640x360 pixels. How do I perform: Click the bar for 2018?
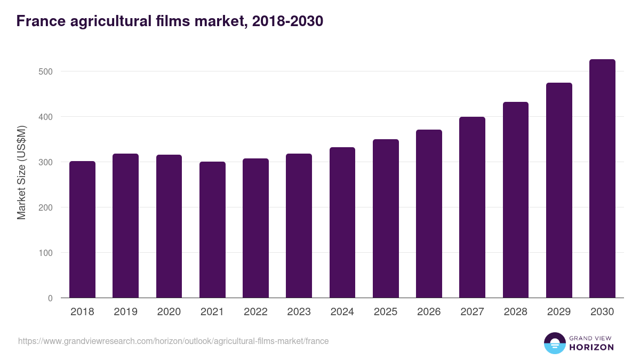pos(82,229)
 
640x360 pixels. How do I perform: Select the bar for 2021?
pos(212,230)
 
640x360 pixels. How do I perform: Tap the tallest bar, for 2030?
pos(602,179)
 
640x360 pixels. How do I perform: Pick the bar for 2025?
pos(386,219)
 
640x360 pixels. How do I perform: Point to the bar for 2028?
pos(516,200)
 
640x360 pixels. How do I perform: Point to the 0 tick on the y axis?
pos(50,298)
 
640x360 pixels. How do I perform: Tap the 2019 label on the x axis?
pos(125,312)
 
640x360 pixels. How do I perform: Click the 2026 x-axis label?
pos(429,312)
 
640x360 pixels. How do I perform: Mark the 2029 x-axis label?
pos(559,312)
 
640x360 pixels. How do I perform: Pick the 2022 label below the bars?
pos(255,312)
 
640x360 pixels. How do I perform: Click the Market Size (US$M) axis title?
pos(21,173)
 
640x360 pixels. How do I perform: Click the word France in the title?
pos(39,21)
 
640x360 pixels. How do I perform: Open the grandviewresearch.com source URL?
pos(173,341)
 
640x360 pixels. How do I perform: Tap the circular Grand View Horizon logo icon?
pos(554,343)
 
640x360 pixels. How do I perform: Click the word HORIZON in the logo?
pos(591,347)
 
